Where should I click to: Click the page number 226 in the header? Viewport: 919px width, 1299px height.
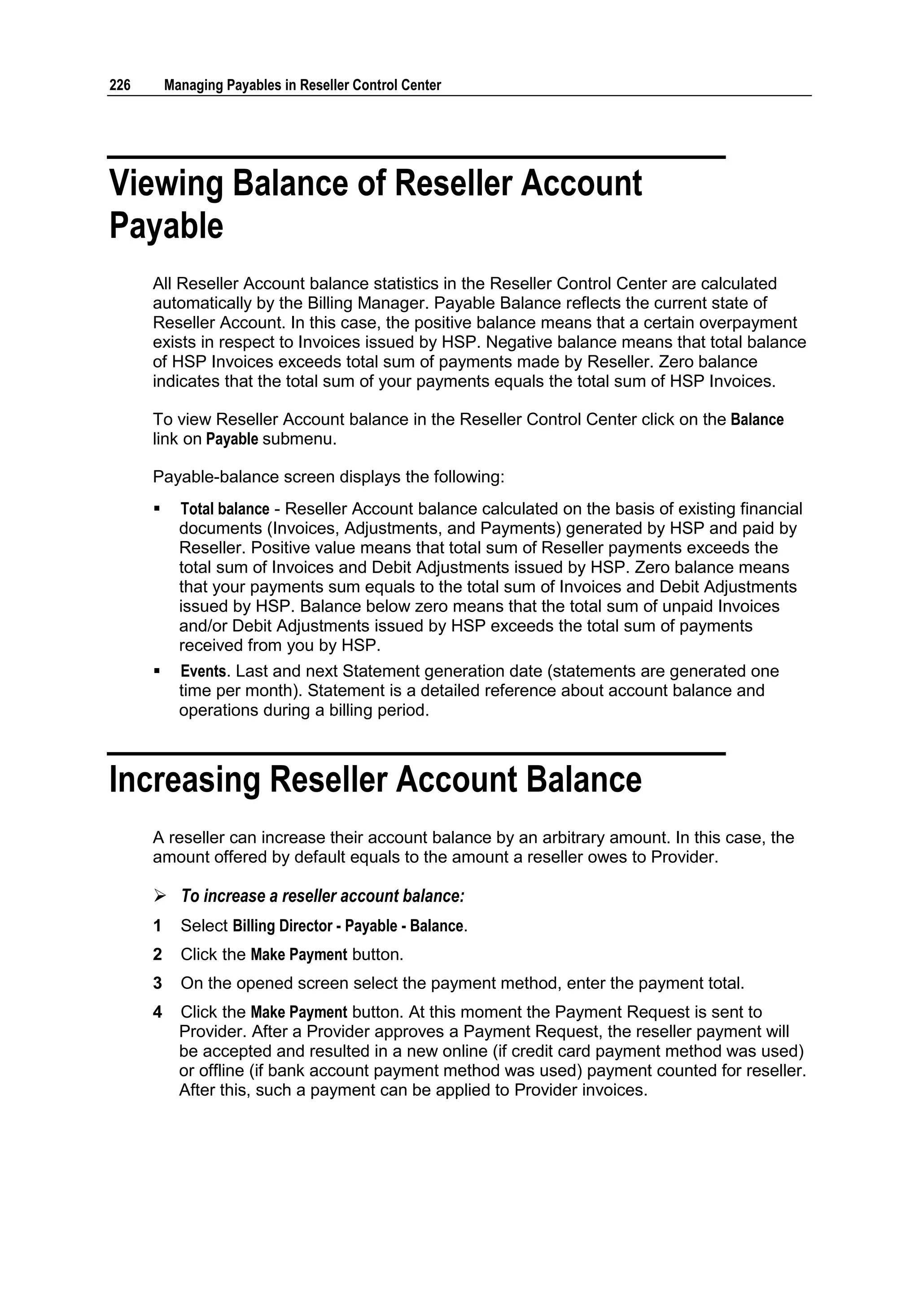[x=119, y=85]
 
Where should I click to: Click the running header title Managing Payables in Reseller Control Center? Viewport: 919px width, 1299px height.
[x=302, y=85]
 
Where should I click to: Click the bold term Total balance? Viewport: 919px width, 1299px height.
[x=225, y=509]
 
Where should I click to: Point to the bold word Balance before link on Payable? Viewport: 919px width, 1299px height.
[x=757, y=420]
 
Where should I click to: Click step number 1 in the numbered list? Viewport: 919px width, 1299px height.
[x=158, y=926]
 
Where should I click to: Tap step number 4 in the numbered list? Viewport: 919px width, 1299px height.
[x=158, y=1012]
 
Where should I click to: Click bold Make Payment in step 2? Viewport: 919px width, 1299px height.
[x=298, y=955]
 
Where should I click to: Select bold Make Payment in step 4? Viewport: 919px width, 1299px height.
[x=298, y=1012]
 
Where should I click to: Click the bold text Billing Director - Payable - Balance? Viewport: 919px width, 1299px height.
[x=347, y=926]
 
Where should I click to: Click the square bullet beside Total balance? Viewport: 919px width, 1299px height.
[x=157, y=509]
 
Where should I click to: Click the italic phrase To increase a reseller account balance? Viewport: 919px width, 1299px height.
[x=323, y=896]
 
